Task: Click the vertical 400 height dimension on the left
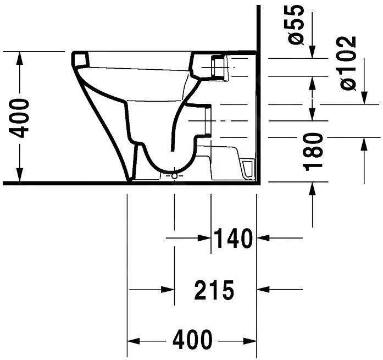20,118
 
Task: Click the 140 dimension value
233,239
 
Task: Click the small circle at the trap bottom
175,176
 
